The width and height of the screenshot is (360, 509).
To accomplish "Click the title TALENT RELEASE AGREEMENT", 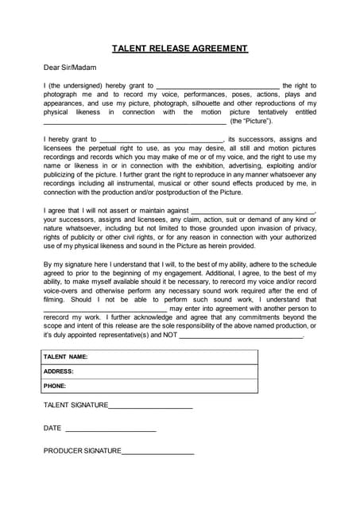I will coord(180,49).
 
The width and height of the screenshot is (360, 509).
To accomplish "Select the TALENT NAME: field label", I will coord(65,357).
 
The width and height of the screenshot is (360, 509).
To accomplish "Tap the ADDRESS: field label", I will coord(59,371).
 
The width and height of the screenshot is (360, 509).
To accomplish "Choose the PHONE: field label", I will coord(55,386).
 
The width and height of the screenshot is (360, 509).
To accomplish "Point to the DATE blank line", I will coord(110,429).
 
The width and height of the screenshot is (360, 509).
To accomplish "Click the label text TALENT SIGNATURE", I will coord(75,405).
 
